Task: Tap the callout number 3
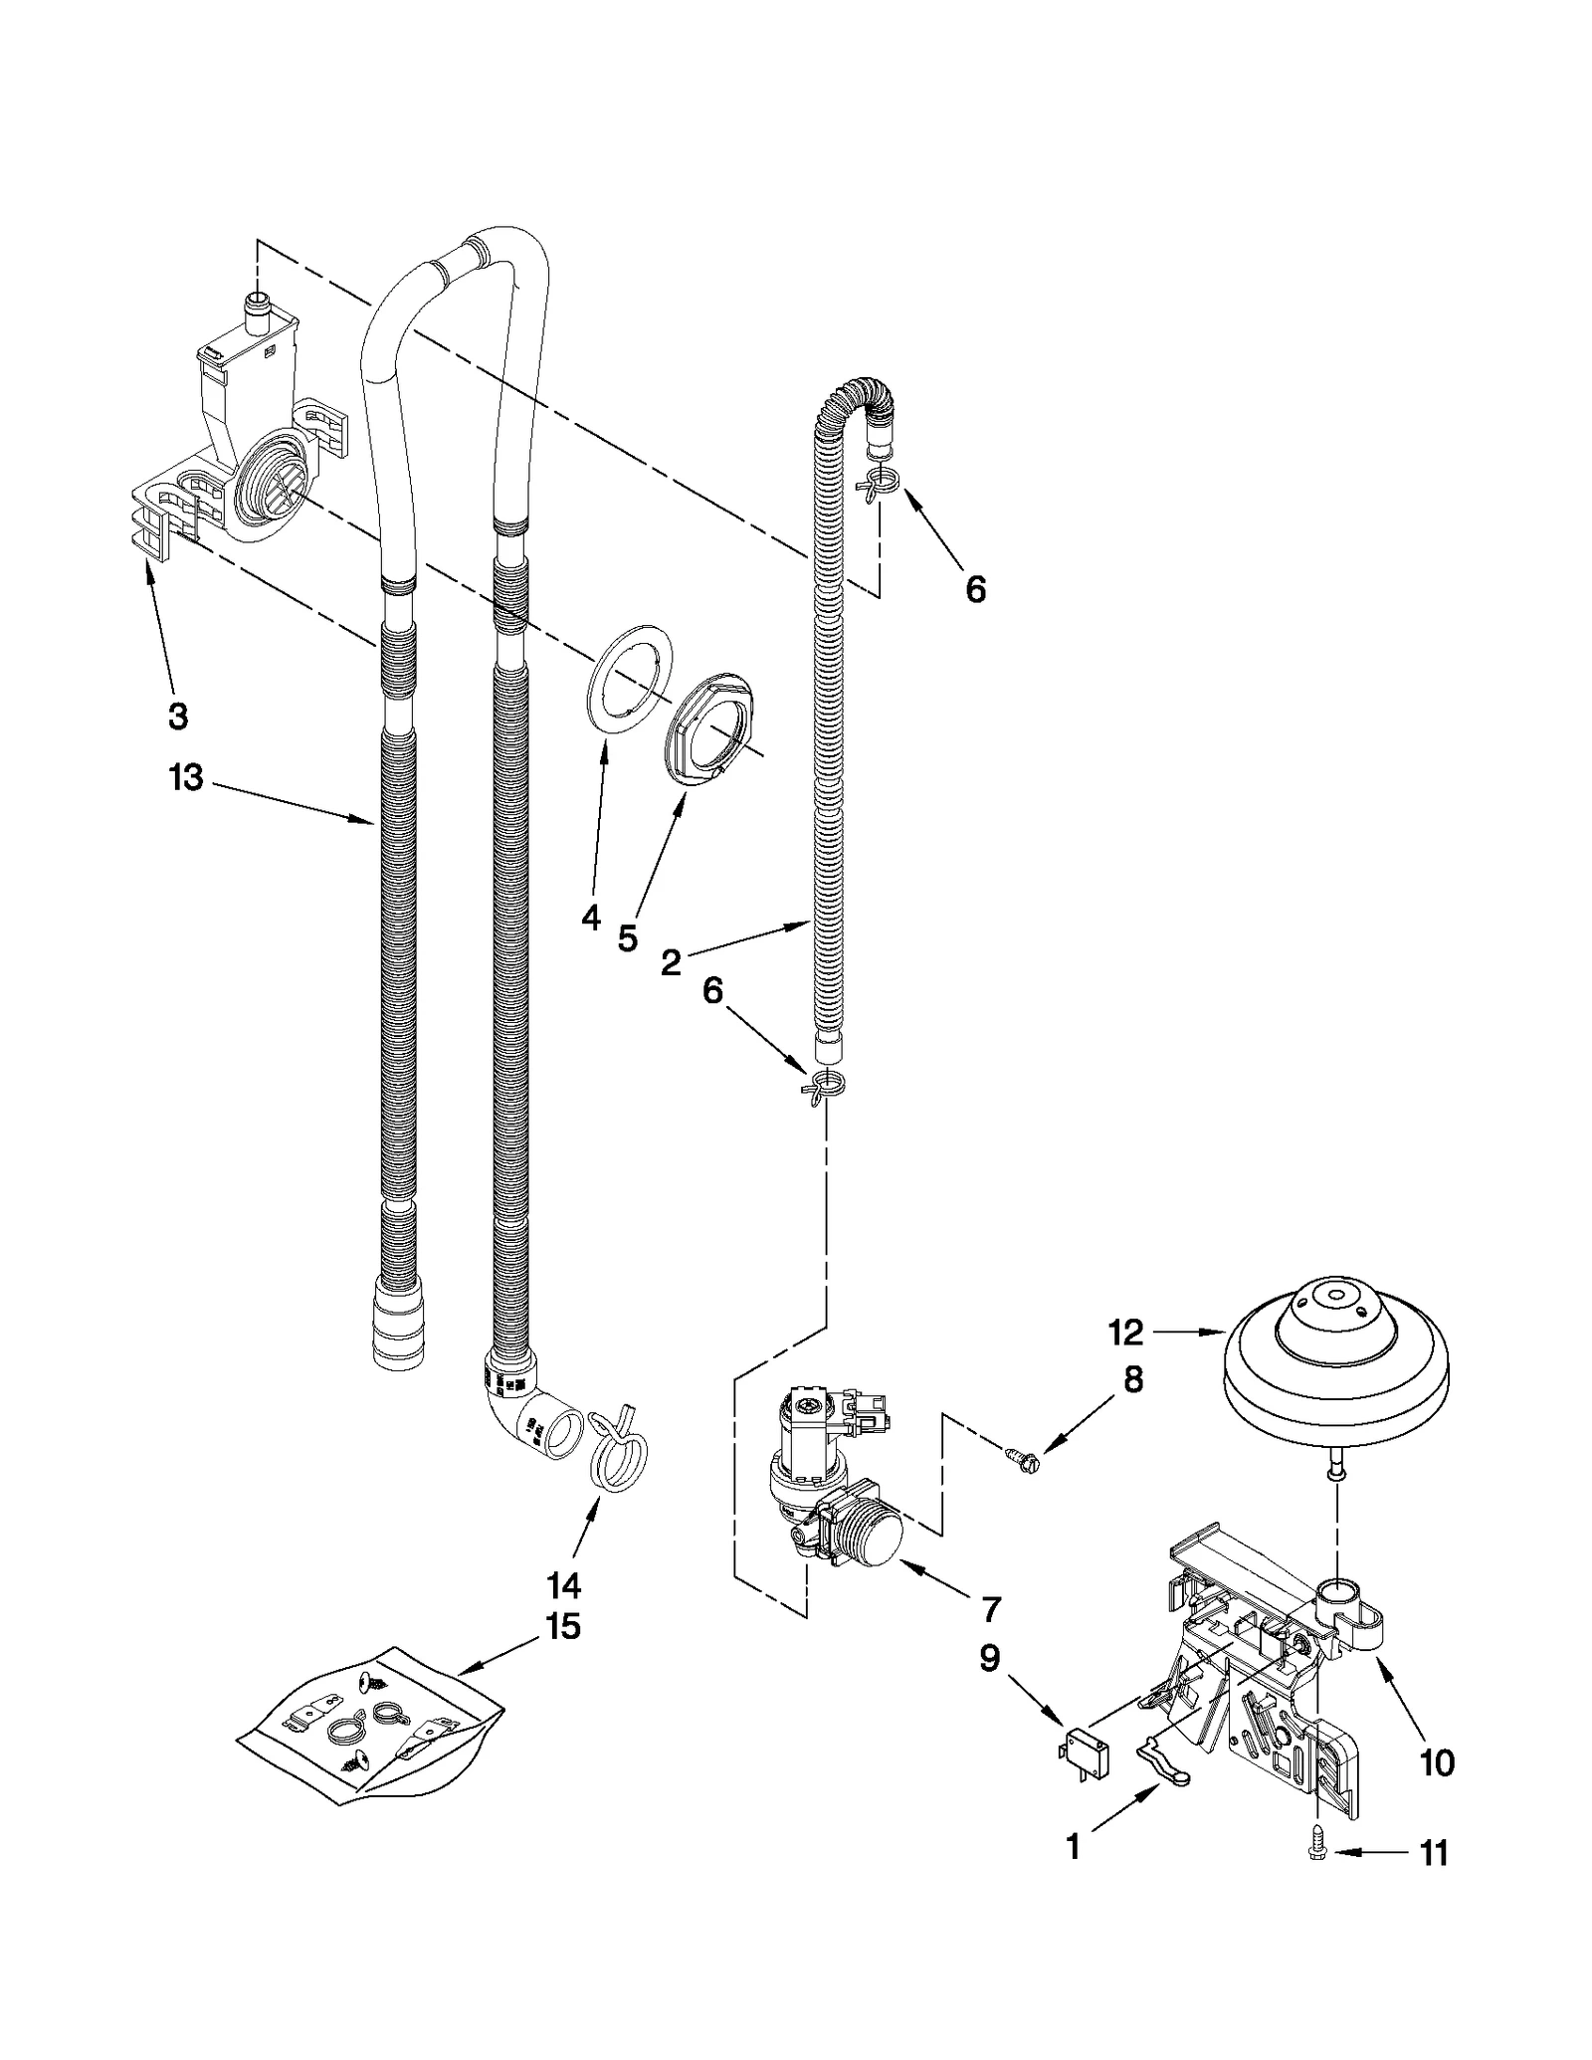[x=177, y=716]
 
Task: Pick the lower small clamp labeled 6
[x=825, y=1085]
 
